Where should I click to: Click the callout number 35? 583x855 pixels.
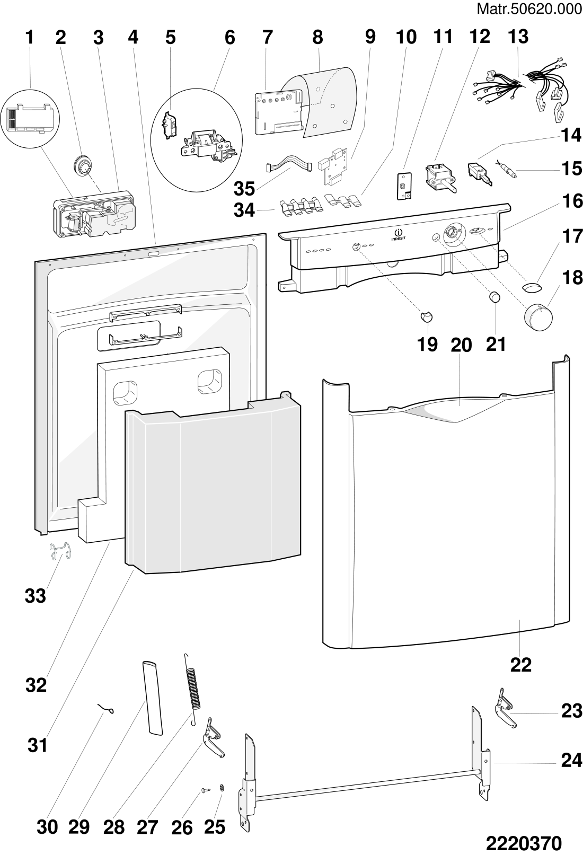tap(244, 188)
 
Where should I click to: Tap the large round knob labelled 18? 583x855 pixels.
tap(538, 317)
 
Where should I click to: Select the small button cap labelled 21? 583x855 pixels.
tap(494, 297)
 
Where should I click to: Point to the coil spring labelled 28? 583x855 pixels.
tap(193, 683)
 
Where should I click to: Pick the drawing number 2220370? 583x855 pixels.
tap(524, 843)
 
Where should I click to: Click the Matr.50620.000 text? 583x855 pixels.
tap(529, 9)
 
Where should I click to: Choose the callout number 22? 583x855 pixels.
tap(521, 665)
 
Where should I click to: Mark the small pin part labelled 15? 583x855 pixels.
tap(506, 169)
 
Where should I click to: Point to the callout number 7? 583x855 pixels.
tap(268, 38)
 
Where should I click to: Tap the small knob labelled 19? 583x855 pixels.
tap(427, 316)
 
